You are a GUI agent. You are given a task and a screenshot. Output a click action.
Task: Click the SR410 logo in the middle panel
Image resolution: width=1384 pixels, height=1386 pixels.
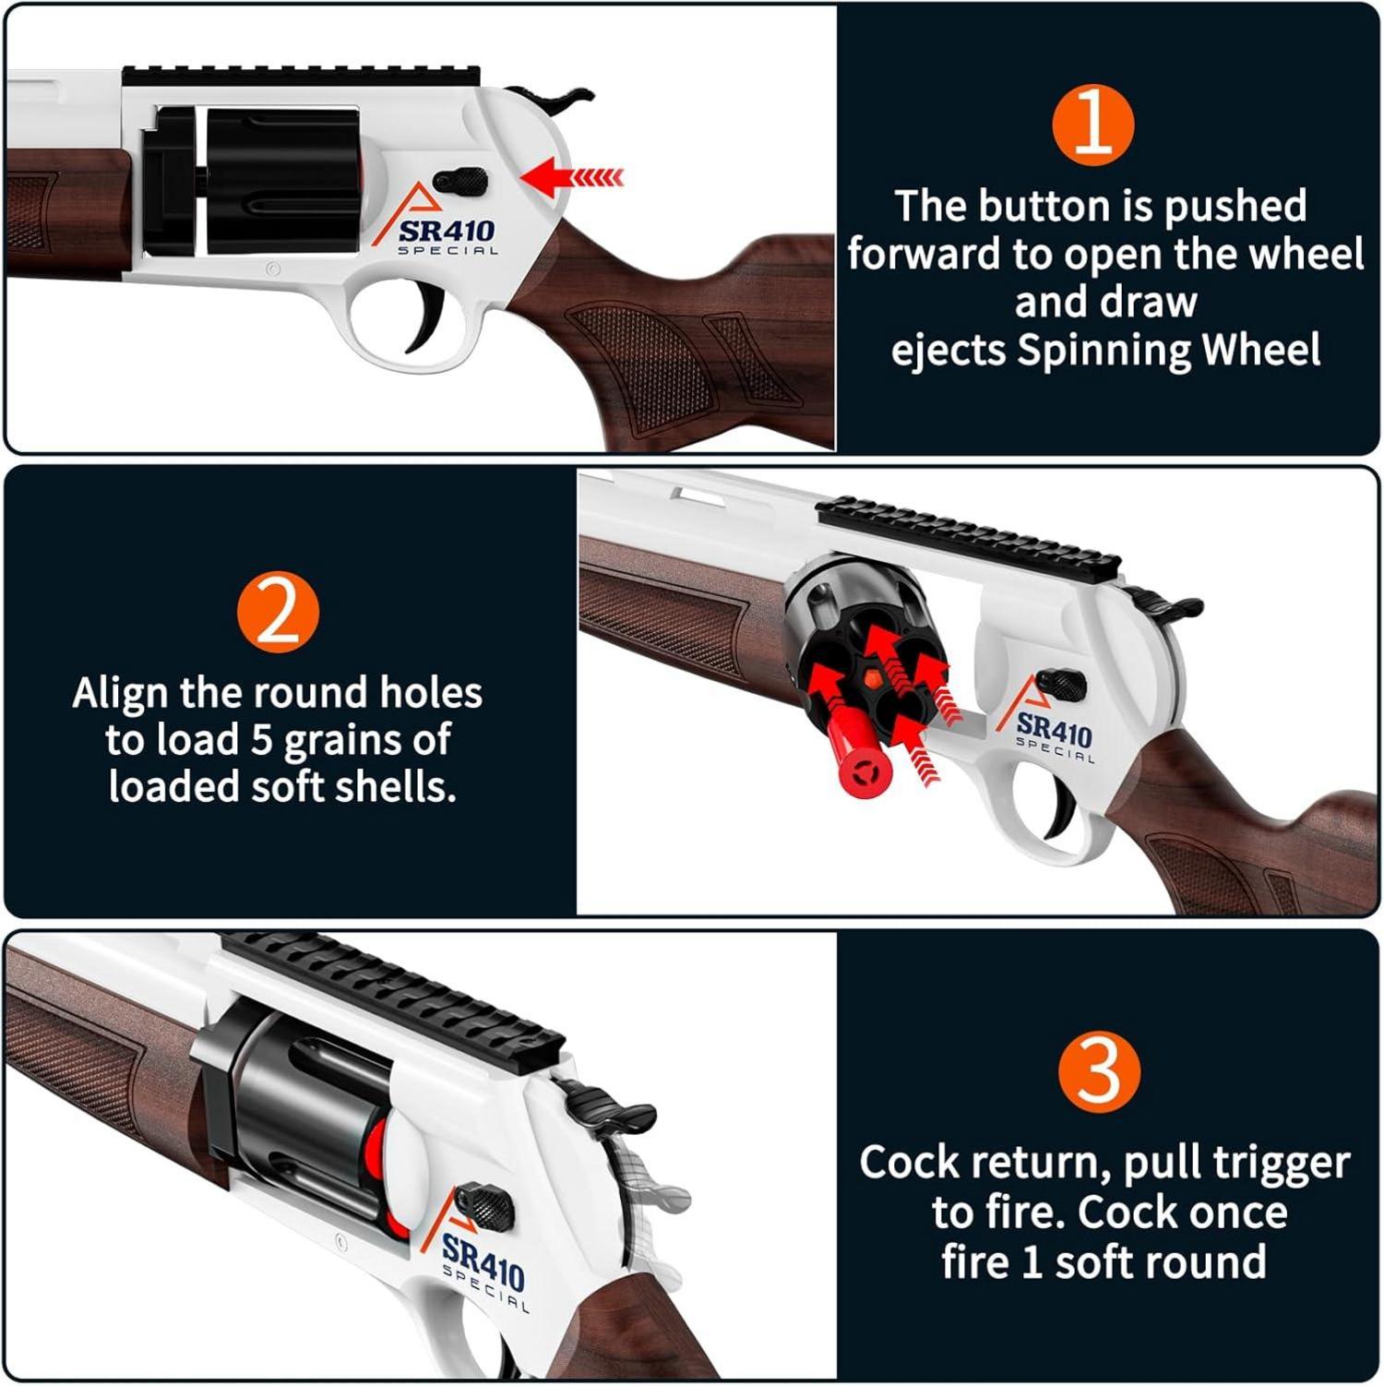point(1053,725)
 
